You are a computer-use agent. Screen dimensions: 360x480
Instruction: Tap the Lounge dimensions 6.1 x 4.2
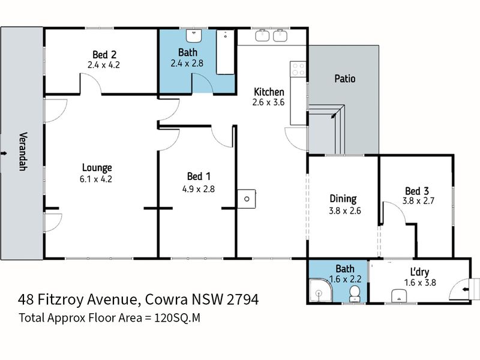[x=97, y=178]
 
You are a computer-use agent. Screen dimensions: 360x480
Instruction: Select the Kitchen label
[x=269, y=92]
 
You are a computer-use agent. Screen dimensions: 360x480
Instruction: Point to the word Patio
[x=346, y=79]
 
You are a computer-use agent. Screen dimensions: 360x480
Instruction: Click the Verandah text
[x=23, y=151]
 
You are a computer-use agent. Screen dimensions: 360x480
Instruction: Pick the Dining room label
[x=343, y=199]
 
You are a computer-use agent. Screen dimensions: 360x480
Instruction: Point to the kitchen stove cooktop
[x=298, y=69]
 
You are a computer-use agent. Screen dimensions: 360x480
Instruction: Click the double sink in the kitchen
[x=271, y=37]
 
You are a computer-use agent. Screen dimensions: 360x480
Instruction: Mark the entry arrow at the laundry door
[x=466, y=289]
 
